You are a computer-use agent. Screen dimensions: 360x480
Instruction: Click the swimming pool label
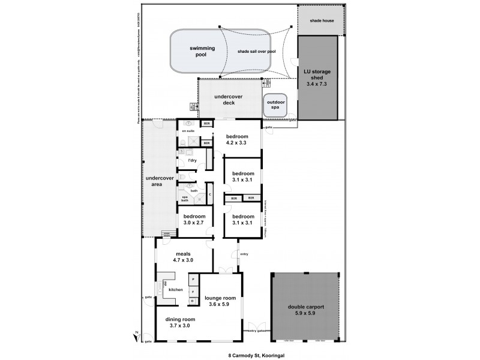pos(197,51)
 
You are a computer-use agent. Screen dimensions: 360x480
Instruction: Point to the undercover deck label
pos(225,100)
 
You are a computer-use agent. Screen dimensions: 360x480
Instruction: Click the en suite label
pos(188,130)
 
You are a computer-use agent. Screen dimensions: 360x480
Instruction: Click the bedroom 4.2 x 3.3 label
pos(236,140)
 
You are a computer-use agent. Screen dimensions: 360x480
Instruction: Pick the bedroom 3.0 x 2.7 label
pos(194,220)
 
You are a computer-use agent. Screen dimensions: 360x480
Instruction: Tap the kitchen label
pos(175,290)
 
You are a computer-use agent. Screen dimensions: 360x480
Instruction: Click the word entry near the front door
pos(244,254)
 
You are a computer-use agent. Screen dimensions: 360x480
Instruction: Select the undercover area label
pos(155,181)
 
